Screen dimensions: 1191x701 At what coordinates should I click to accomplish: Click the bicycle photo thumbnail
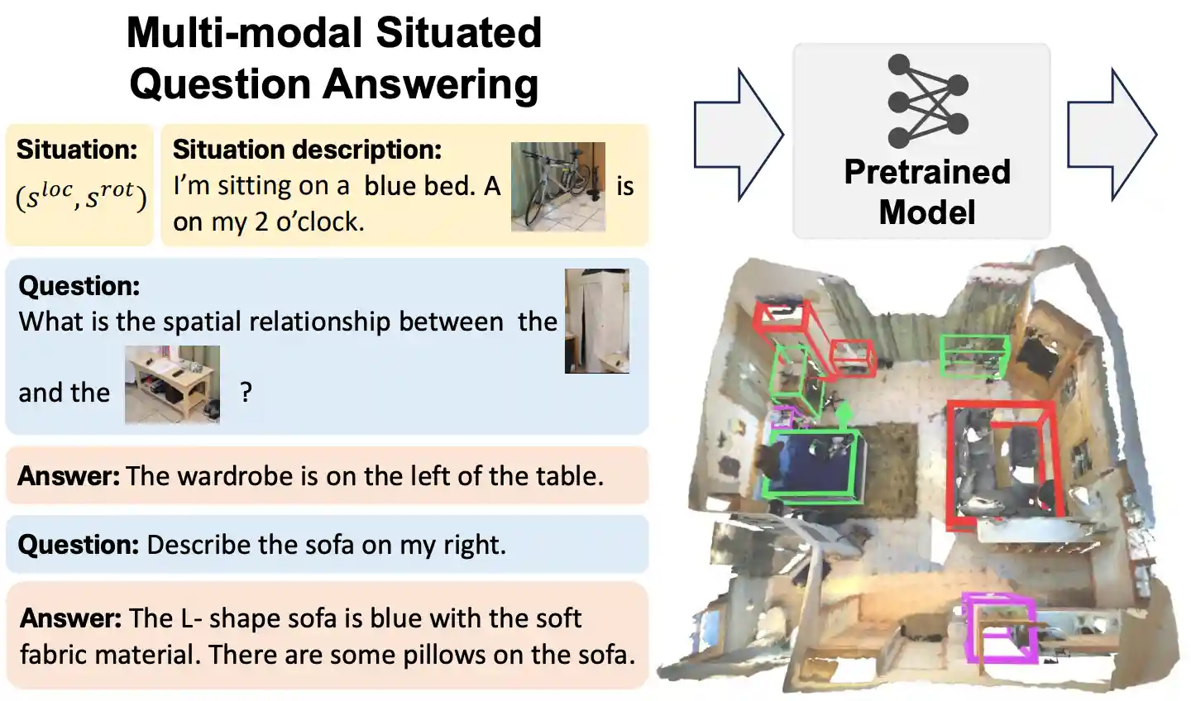[x=557, y=187]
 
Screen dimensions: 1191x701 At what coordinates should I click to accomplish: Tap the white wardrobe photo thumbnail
[x=597, y=321]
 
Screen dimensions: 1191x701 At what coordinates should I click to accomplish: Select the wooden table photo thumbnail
[x=172, y=384]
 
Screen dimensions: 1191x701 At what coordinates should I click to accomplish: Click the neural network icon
[x=928, y=101]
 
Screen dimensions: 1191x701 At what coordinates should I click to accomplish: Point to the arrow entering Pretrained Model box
[x=739, y=135]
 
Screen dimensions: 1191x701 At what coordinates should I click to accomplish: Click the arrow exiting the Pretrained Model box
[x=1112, y=135]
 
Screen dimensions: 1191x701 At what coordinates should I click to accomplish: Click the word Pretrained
[x=927, y=172]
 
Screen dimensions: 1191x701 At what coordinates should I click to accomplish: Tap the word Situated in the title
[x=459, y=33]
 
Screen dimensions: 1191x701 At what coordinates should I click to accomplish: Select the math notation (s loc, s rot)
[x=81, y=196]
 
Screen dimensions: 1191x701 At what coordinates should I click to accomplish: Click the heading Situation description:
[x=308, y=150]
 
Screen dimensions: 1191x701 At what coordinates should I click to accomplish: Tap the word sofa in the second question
[x=331, y=545]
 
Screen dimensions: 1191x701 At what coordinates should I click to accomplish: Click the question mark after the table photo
[x=246, y=392]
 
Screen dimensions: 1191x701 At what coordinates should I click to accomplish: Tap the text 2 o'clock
[x=309, y=222]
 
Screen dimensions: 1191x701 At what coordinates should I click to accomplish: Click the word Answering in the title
[x=431, y=86]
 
